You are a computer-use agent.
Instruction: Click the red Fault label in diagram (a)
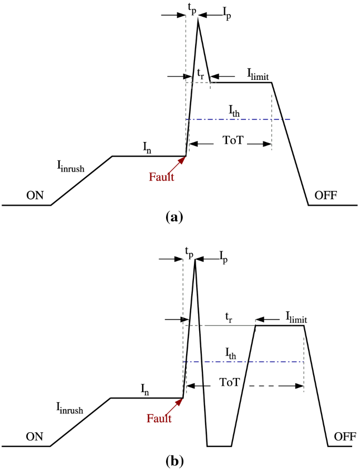[x=161, y=177]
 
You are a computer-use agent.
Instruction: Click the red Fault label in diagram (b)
[x=159, y=419]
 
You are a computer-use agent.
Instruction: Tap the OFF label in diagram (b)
[x=344, y=436]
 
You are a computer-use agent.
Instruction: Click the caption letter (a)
[x=173, y=216]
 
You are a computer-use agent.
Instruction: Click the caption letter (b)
[x=174, y=461]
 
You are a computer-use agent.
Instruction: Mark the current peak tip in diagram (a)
[x=198, y=19]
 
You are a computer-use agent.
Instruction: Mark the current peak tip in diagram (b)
[x=195, y=261]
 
